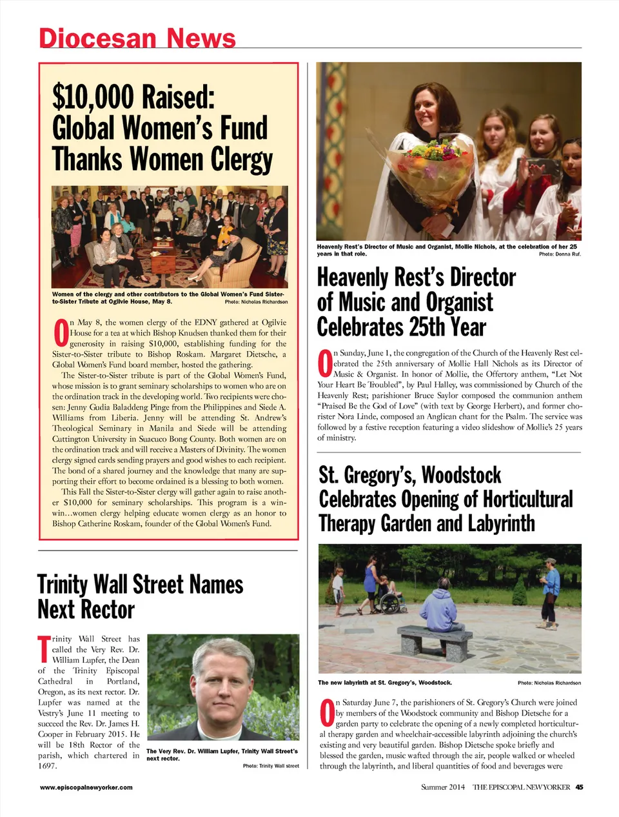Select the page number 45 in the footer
[579, 787]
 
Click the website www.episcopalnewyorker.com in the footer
[86, 787]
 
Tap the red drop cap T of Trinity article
[43, 648]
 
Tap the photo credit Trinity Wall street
[271, 766]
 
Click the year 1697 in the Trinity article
[48, 766]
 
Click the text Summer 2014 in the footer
[443, 787]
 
